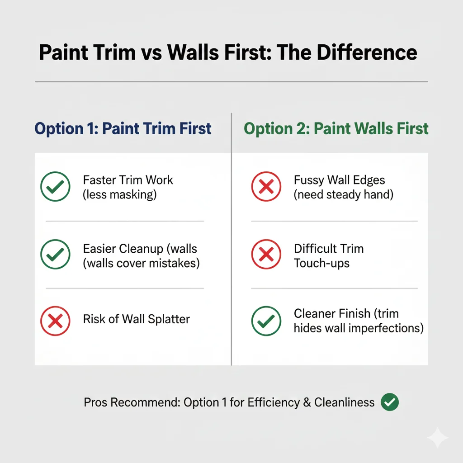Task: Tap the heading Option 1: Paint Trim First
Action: [x=123, y=129]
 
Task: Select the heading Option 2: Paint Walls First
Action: [x=336, y=129]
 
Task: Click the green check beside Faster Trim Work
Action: [x=55, y=187]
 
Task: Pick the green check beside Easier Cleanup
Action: [x=55, y=255]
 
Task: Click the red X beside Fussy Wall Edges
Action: [x=266, y=187]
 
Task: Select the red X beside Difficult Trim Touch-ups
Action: [x=266, y=255]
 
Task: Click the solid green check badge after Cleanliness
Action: [x=390, y=402]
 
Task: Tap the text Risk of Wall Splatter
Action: [x=136, y=319]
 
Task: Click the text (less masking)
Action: [x=118, y=195]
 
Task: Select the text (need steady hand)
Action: [x=344, y=195]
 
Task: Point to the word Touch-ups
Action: [x=321, y=263]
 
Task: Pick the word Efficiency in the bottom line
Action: [x=270, y=402]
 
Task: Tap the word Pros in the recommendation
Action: [x=94, y=402]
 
